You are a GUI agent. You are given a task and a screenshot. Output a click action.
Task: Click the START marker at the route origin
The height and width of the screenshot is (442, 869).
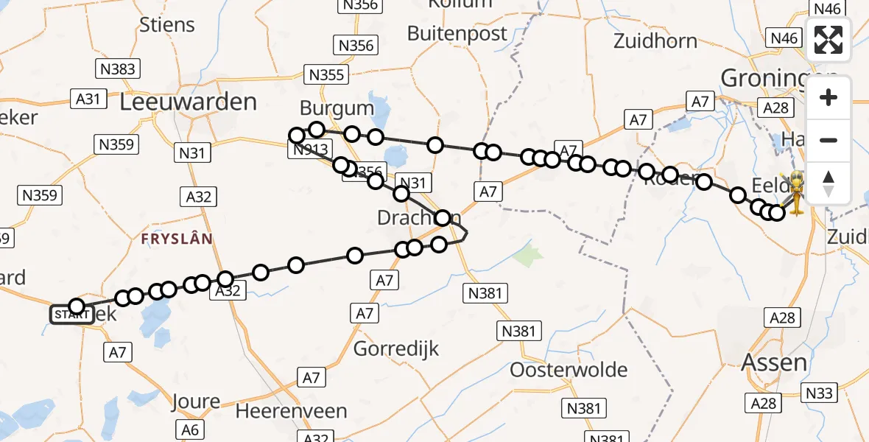(71, 315)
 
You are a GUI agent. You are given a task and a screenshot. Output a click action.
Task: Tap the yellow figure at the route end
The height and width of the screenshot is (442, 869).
(798, 192)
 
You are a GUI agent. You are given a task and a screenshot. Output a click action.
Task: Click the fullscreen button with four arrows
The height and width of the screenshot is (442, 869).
(828, 40)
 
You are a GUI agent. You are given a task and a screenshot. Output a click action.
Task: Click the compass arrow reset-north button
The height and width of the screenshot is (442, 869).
(828, 183)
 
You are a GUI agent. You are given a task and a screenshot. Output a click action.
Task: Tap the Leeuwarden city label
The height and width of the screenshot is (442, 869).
(188, 102)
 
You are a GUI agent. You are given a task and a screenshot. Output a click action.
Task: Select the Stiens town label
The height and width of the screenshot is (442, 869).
(167, 24)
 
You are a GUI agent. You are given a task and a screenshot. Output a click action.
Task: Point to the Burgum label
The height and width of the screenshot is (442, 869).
(337, 109)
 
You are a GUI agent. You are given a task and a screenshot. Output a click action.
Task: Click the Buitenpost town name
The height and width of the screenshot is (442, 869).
(457, 33)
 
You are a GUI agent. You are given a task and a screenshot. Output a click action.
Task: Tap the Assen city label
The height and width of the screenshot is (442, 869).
(774, 362)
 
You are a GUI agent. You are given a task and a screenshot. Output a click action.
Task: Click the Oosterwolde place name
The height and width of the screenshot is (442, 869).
(569, 370)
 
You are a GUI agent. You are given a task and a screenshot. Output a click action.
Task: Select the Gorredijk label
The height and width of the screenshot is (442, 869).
(396, 348)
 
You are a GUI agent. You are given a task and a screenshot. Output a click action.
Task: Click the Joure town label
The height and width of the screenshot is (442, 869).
(196, 401)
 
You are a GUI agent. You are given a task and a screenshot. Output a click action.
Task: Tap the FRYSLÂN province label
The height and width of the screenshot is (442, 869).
(177, 239)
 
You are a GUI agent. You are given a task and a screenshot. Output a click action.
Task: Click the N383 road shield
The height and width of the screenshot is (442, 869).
(116, 69)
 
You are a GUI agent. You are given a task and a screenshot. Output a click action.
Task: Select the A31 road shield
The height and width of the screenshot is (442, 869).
(88, 99)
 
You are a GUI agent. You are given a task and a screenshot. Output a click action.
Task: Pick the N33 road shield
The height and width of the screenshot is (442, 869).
(820, 393)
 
